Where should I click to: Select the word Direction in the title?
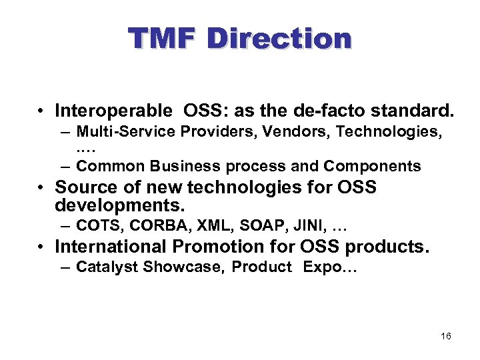click(x=279, y=39)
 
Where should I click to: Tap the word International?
click(x=111, y=247)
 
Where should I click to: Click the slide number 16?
click(x=446, y=337)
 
